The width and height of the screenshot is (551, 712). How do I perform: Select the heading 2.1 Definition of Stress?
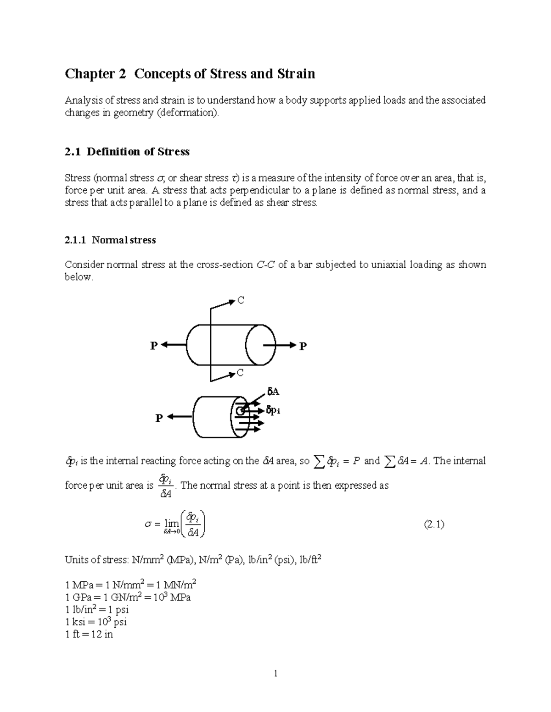click(x=127, y=152)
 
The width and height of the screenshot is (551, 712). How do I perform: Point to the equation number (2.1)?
click(x=433, y=525)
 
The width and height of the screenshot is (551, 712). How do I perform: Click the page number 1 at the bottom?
click(x=275, y=673)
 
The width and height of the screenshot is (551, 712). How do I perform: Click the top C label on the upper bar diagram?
click(x=241, y=301)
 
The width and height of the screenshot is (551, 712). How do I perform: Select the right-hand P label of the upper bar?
click(x=303, y=347)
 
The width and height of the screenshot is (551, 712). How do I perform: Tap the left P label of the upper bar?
click(x=154, y=346)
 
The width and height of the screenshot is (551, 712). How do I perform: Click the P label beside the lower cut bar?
click(x=159, y=418)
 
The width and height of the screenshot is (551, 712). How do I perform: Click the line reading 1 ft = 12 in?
click(x=89, y=635)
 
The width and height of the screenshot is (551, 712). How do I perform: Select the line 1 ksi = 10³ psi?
click(x=96, y=622)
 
